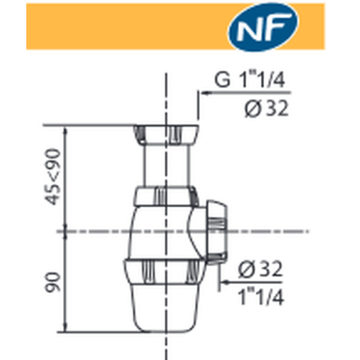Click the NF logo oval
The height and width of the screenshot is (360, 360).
tap(263, 26)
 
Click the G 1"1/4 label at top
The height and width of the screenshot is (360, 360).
tap(249, 80)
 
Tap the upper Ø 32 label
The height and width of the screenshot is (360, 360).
tap(266, 109)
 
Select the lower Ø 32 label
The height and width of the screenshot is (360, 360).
tap(260, 269)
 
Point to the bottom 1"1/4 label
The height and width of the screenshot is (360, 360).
tap(260, 297)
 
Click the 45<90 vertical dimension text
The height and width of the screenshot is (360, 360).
tap(53, 177)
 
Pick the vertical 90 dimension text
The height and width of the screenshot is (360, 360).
tap(53, 282)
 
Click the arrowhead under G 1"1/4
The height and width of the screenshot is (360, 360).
tap(205, 93)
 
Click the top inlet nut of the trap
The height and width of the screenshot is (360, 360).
tap(166, 135)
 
